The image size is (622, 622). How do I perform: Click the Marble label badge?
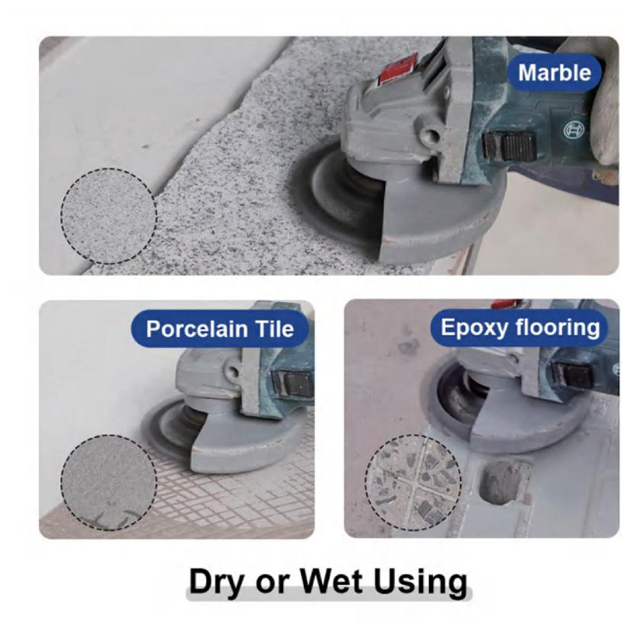554,73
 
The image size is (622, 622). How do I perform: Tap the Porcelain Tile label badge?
220,329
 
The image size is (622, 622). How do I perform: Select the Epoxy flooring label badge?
519,328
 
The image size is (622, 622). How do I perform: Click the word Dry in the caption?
217,582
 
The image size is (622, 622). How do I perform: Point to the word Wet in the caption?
331,581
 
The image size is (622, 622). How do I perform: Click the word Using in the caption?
421,582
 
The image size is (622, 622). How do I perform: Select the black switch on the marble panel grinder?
510,146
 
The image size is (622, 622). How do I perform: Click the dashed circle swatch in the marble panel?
109,216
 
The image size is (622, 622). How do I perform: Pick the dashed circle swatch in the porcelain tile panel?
109,482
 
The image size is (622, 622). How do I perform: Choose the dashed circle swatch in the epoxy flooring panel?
413,482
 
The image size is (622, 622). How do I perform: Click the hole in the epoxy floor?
501,483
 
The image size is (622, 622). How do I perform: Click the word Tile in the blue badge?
274,329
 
